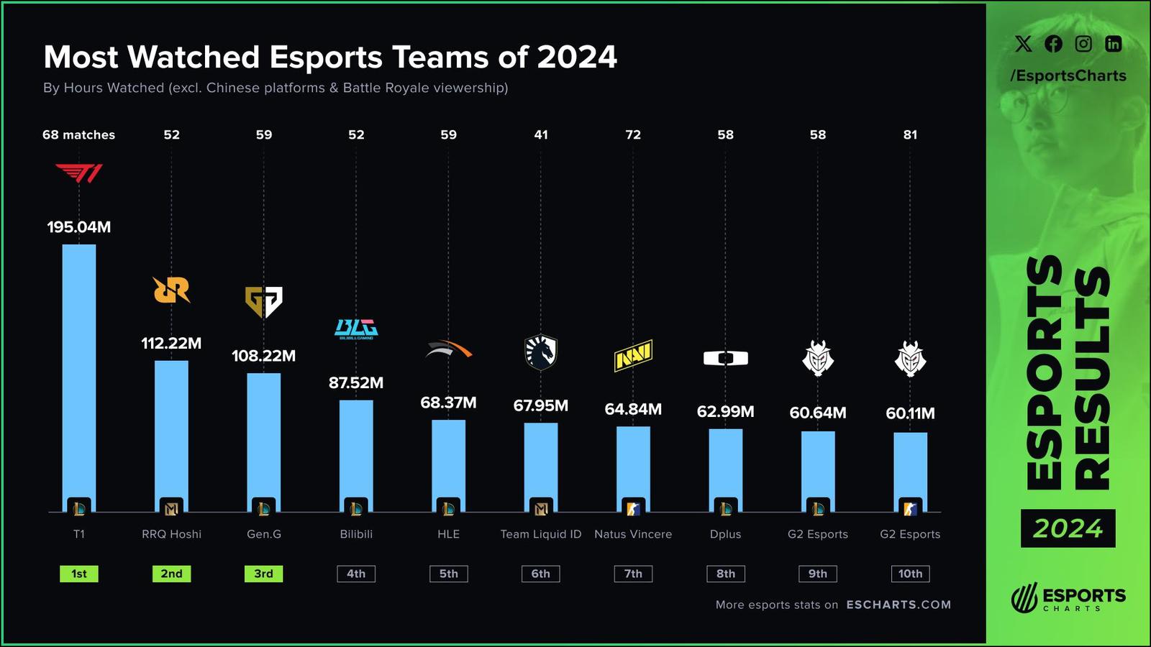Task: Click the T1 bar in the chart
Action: [x=79, y=374]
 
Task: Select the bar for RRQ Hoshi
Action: [x=171, y=431]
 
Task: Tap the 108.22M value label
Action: [x=263, y=356]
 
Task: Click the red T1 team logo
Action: [x=79, y=173]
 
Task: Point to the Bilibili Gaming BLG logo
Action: [x=356, y=329]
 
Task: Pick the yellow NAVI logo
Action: [x=633, y=355]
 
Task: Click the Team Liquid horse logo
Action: [x=541, y=352]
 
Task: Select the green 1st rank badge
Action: [x=79, y=574]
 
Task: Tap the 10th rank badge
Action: [x=910, y=574]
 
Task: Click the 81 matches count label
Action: [x=910, y=134]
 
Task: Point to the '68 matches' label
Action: [x=79, y=134]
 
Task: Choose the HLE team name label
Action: [x=448, y=534]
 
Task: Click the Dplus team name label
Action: [x=725, y=534]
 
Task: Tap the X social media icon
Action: [x=1023, y=44]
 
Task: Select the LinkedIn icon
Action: [x=1113, y=44]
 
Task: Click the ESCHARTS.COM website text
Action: [x=898, y=605]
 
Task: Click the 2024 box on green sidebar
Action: [x=1068, y=528]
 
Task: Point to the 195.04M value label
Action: [x=79, y=227]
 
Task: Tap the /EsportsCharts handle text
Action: [x=1068, y=75]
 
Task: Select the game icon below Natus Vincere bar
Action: [x=633, y=508]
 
